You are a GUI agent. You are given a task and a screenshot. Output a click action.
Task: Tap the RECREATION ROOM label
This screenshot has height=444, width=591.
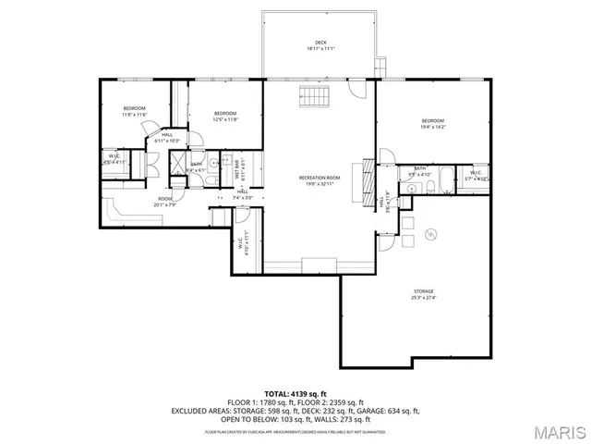320,177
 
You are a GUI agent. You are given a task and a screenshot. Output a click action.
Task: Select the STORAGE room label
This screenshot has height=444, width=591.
424,291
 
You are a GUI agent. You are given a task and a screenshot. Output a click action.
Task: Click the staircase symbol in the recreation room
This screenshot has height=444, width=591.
313,98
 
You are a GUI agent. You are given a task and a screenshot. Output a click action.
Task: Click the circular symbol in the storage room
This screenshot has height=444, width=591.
430,237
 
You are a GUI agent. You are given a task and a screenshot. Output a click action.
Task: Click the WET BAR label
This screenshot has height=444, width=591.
237,169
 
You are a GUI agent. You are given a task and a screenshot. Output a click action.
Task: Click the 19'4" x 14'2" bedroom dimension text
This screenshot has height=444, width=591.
433,127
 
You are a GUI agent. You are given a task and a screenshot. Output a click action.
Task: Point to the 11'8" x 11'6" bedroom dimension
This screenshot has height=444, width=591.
135,114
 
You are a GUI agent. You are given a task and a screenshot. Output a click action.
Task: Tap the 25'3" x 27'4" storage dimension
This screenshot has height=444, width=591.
424,298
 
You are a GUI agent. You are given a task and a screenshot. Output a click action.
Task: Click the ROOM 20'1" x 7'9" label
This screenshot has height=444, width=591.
165,202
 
